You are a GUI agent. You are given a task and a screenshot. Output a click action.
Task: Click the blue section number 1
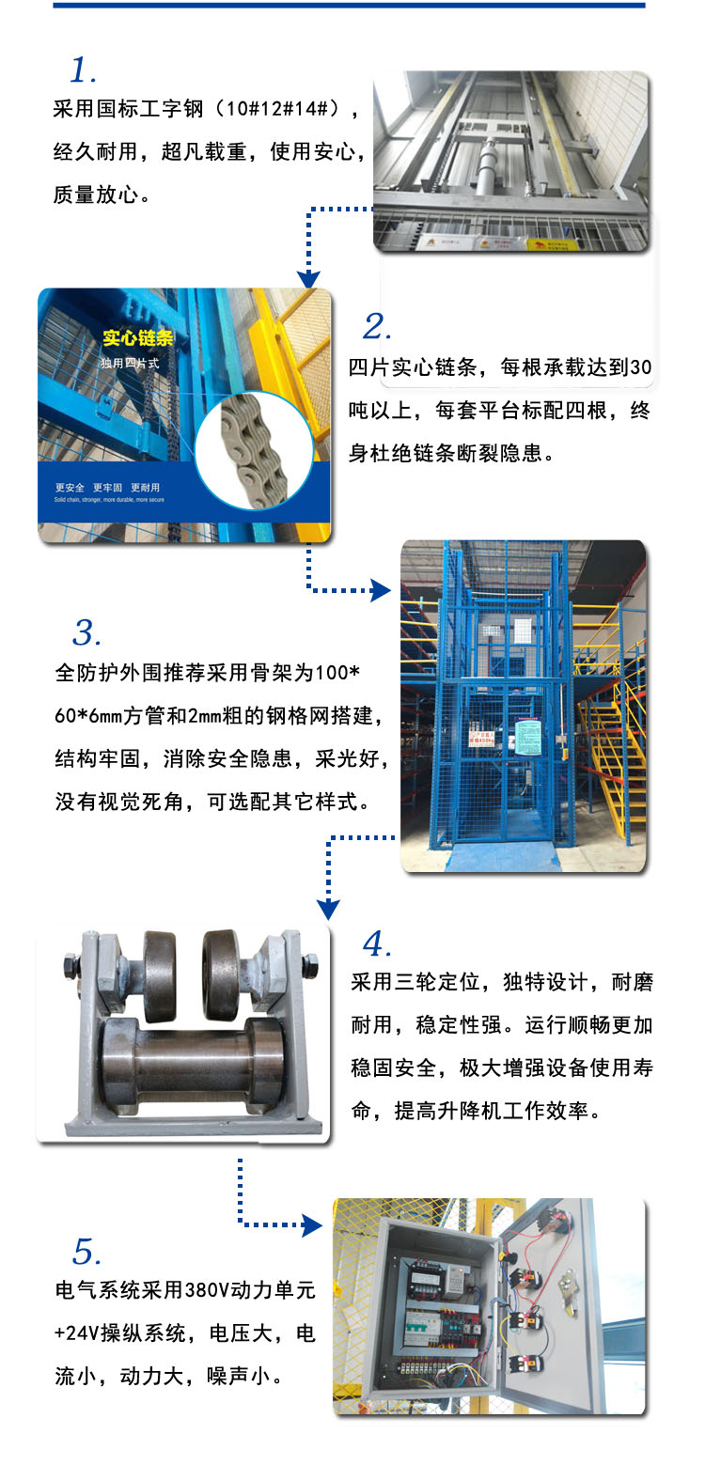pos(84,70)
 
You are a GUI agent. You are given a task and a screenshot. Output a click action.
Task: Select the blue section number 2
pos(376,327)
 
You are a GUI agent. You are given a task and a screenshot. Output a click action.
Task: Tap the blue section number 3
pos(86,633)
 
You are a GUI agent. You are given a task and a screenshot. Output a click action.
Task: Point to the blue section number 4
pos(376,943)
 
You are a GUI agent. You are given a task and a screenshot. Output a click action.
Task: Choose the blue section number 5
pos(86,1252)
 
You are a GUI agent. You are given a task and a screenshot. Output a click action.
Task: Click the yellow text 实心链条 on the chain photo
pos(132,338)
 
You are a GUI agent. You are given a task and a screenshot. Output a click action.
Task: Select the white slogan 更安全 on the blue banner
pos(70,488)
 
